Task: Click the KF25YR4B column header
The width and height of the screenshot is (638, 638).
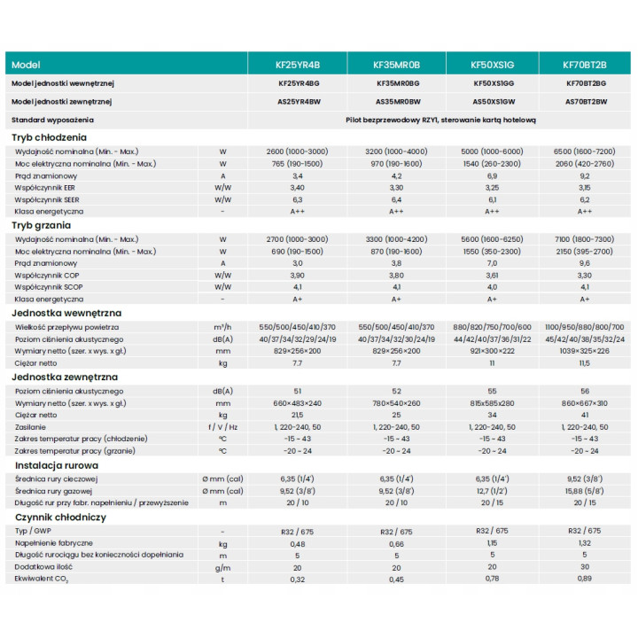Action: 298,65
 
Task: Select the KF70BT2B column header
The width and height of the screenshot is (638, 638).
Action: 584,65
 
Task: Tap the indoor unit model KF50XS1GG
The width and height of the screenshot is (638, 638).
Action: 494,83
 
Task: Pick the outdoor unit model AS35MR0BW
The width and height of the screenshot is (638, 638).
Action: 398,102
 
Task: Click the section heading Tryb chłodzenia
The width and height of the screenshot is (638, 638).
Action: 49,137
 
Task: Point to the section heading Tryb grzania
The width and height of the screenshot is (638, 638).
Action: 41,225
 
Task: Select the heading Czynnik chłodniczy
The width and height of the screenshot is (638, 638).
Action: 60,517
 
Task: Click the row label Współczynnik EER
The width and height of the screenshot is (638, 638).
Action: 45,188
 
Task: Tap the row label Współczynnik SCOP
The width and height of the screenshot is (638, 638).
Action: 49,287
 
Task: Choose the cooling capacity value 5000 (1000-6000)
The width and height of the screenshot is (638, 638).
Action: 492,152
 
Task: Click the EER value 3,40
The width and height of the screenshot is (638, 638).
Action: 298,188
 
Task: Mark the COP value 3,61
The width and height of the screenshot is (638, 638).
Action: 492,276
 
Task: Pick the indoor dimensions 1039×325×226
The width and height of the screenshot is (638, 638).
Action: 584,351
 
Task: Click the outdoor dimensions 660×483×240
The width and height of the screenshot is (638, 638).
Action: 298,404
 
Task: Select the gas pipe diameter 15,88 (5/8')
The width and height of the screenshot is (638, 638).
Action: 584,491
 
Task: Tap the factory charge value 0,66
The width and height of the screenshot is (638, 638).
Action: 396,544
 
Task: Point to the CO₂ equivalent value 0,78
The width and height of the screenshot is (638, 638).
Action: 492,579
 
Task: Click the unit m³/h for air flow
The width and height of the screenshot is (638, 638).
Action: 222,327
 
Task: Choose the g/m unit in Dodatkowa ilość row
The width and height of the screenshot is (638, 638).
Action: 222,568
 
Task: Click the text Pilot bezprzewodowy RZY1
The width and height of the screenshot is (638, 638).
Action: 392,120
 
